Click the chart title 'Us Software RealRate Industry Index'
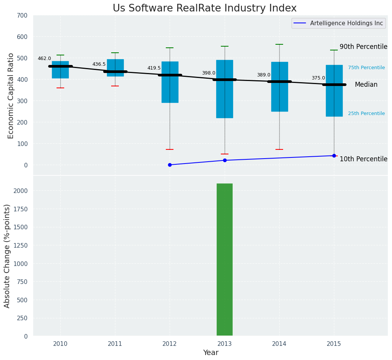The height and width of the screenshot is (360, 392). coord(204,8)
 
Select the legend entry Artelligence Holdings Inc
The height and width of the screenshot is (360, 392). coord(347,23)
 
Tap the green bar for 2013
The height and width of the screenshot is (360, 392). coord(225,259)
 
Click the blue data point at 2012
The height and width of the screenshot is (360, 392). coord(170,165)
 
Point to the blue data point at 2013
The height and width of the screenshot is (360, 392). coord(225,160)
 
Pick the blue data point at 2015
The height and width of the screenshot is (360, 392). coord(334,156)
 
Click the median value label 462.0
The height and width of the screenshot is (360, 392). coord(44,58)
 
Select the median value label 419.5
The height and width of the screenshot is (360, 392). coord(154,68)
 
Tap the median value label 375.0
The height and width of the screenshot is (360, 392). coord(318,78)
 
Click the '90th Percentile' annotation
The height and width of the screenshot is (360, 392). coord(363,47)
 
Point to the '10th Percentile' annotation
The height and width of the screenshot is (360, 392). coord(363,159)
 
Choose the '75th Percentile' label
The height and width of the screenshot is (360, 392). coord(366,68)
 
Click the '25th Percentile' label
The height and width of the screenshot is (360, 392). coord(366,114)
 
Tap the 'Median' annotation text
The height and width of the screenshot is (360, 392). coord(366,85)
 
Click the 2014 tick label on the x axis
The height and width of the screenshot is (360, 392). coord(279,344)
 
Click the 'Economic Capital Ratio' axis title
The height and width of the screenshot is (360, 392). coord(11,96)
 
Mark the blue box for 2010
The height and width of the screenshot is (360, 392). coord(60,70)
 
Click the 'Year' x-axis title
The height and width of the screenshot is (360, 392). coord(211,353)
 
